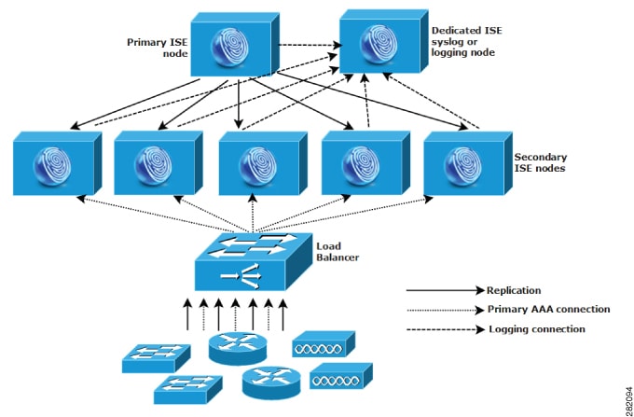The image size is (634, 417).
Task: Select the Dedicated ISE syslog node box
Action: pos(384,45)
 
